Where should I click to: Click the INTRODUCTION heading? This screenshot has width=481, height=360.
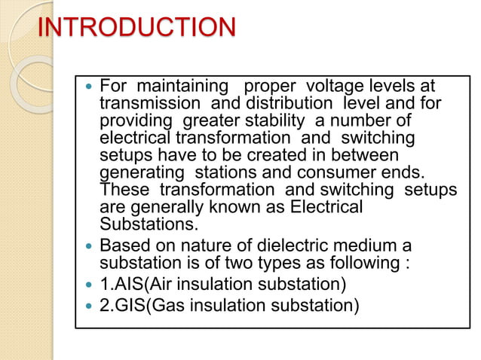tap(136, 29)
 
